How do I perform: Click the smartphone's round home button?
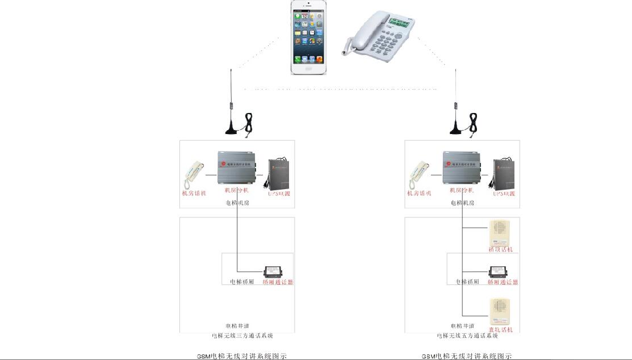tap(309, 68)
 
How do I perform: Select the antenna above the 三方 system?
tap(231, 102)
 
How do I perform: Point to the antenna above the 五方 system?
tap(456, 102)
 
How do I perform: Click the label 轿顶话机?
tap(500, 249)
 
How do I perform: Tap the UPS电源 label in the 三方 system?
tap(279, 194)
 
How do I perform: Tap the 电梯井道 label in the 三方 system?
tap(237, 326)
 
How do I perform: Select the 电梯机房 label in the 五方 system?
tap(463, 203)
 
